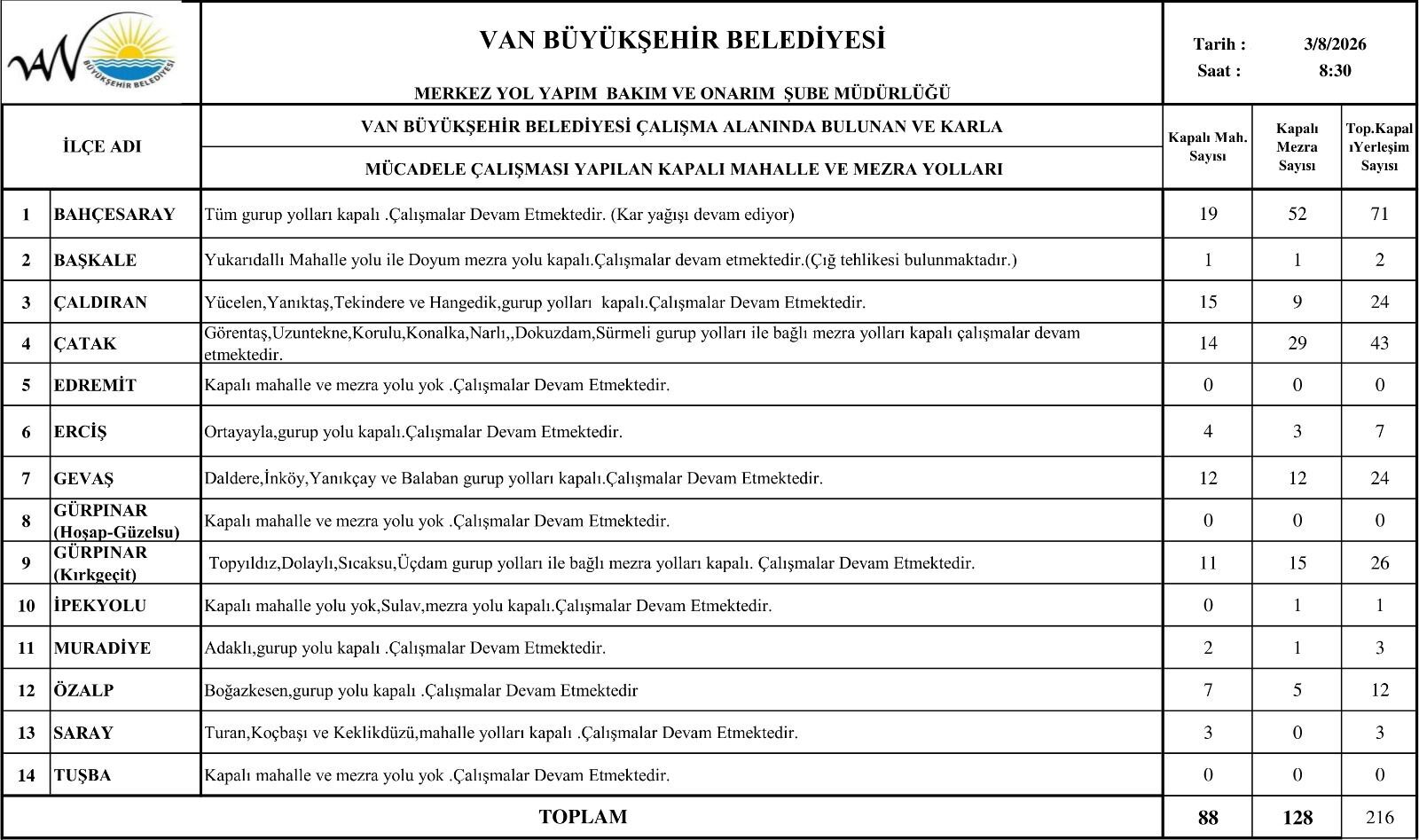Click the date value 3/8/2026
pos(1335,44)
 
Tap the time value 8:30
pos(1335,71)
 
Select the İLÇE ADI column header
pos(102,147)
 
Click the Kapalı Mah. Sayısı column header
pos(1207,147)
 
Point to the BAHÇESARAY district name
pos(114,215)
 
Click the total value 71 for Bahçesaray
pos(1379,214)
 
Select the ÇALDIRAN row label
pos(100,302)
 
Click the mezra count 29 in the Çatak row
pos(1297,343)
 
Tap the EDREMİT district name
pos(95,386)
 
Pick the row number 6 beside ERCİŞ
pos(27,433)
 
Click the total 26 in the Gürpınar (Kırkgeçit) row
pos(1379,563)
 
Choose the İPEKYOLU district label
pos(100,606)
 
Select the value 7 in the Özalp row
pos(1208,690)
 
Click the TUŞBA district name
pos(82,775)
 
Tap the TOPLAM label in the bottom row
pos(583,817)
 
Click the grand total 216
pos(1379,818)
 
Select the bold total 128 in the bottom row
pos(1297,818)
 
